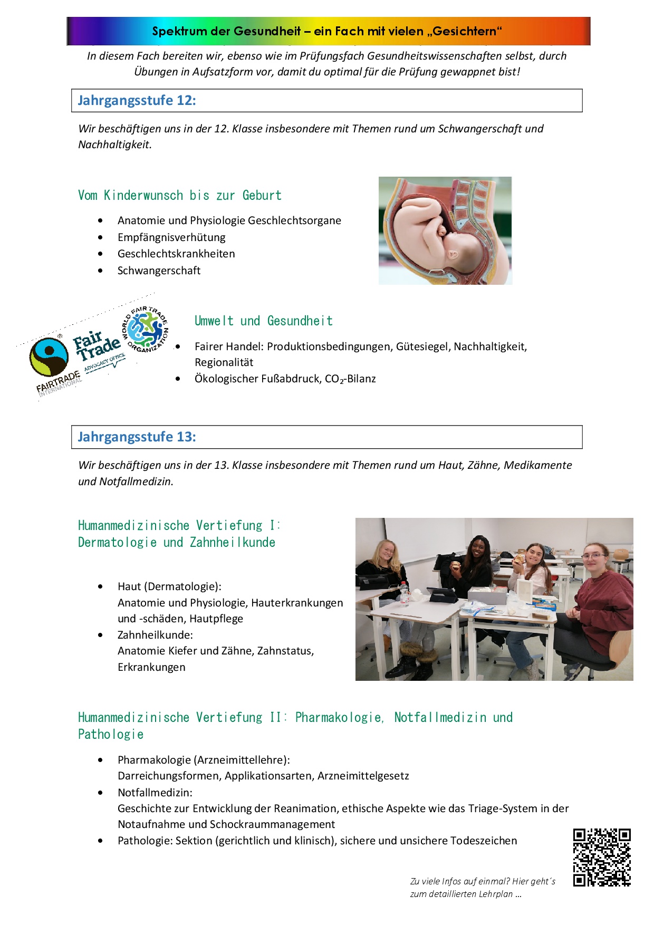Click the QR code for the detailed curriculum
coord(602,857)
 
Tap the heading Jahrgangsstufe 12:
coord(137,101)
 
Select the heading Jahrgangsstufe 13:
coord(137,437)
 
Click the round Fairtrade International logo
coord(49,357)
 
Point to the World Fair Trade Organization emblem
coord(146,329)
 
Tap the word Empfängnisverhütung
coord(171,237)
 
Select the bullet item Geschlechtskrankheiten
coord(176,254)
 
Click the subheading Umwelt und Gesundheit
coord(264,321)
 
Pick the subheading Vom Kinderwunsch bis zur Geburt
coord(180,196)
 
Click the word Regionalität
coord(224,363)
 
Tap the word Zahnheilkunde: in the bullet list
coord(155,635)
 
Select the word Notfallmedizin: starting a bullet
coord(155,793)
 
